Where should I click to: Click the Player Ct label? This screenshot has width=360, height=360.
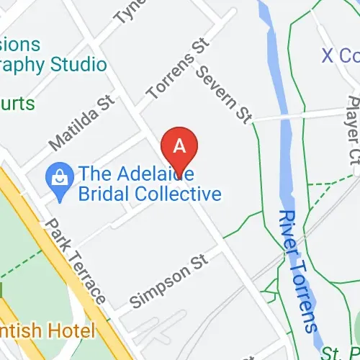[352, 137]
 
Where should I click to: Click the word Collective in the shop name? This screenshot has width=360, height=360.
[181, 194]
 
